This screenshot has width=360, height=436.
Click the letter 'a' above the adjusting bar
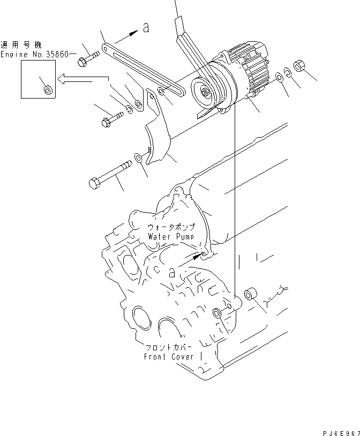[146, 28]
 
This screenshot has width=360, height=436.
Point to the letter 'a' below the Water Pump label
[172, 272]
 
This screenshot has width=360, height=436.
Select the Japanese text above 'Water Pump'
[170, 227]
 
